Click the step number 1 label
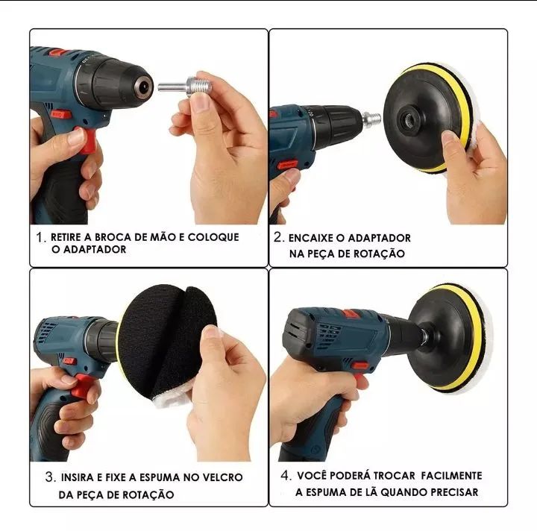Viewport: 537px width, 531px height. tap(41, 237)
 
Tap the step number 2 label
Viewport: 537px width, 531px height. tap(279, 237)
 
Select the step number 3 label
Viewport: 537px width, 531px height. tap(51, 477)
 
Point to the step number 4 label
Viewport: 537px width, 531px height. tap(286, 475)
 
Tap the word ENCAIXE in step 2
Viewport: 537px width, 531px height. tap(311, 238)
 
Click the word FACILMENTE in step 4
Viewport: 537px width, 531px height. tap(451, 476)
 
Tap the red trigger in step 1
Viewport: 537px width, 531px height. tap(87, 139)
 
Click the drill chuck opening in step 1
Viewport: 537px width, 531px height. tap(144, 86)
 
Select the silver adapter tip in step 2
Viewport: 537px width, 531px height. tap(371, 119)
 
